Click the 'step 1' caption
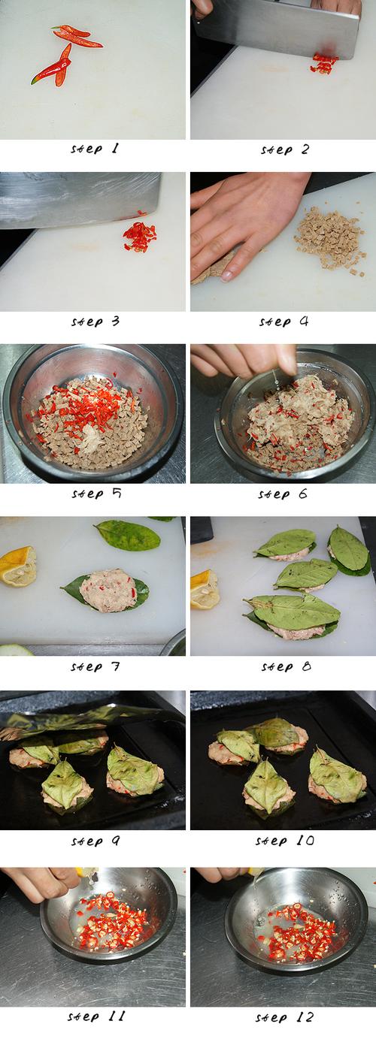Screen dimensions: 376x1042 coord(95,150)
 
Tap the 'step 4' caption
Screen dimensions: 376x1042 coord(284,322)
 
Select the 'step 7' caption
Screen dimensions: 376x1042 coord(95,666)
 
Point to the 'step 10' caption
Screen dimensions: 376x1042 coord(285,841)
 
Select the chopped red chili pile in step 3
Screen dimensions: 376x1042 coord(140,237)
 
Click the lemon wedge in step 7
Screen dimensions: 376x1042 coord(18,566)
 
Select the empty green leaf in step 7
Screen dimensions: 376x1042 coord(127,536)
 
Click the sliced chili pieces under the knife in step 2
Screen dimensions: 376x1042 coord(324,64)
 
